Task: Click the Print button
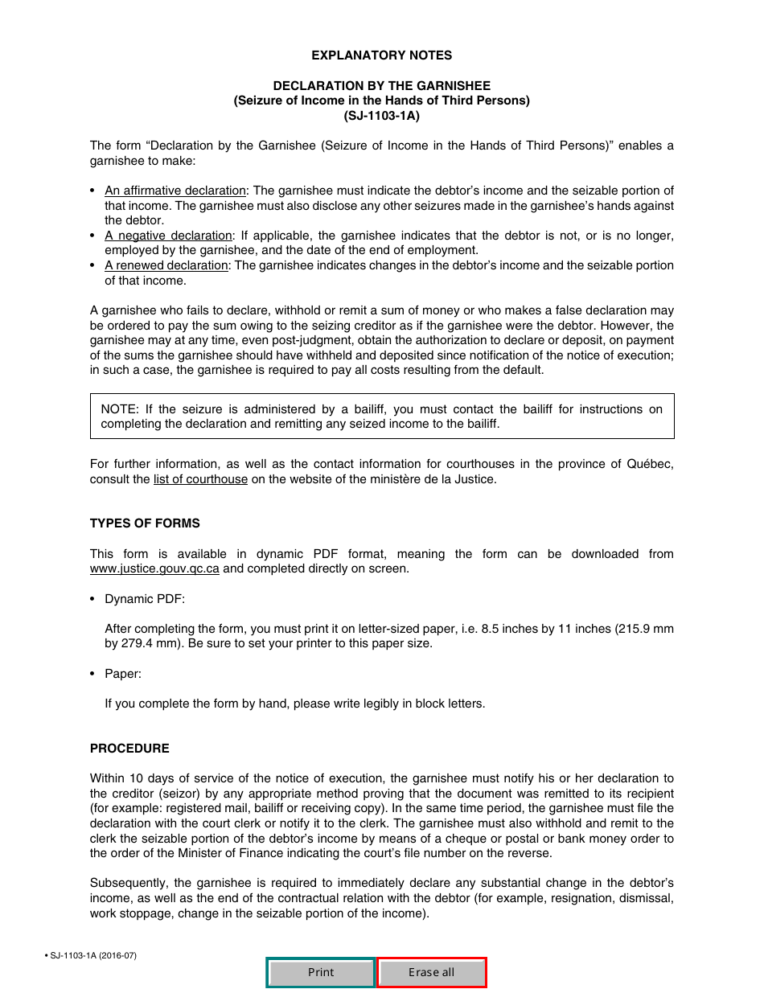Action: [x=321, y=972]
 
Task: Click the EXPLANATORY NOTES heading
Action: [x=381, y=55]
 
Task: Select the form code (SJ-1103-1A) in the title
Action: [x=381, y=116]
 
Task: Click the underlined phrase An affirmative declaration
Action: [x=175, y=191]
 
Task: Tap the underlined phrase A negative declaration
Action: [x=168, y=236]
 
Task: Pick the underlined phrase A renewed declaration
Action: [x=166, y=265]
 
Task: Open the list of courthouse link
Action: [x=200, y=479]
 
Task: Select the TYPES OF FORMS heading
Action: [x=145, y=523]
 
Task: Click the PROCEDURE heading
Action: [x=129, y=749]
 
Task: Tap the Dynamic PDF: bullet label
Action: [x=145, y=599]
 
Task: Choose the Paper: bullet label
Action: [x=123, y=674]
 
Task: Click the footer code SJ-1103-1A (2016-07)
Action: [x=93, y=955]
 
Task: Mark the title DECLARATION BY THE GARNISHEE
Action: [x=381, y=85]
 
